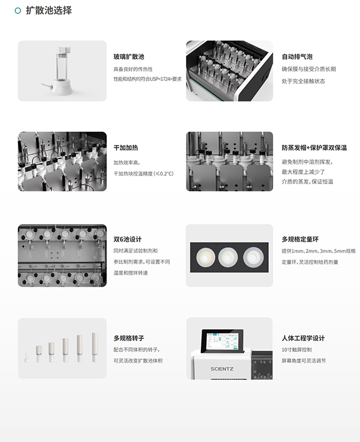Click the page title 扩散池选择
point(49,11)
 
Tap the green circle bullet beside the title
point(17,11)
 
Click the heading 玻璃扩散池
point(128,57)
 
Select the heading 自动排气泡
point(297,57)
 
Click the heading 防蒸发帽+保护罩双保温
point(314,148)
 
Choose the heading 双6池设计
point(127,239)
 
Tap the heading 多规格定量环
point(301,239)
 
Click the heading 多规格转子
point(128,338)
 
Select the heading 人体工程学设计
point(303,338)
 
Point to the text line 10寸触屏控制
point(296,350)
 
